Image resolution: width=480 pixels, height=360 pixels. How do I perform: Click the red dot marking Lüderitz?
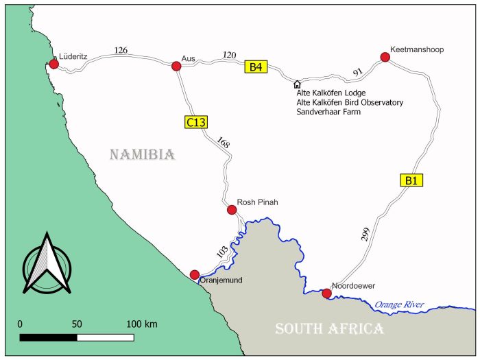click(x=53, y=64)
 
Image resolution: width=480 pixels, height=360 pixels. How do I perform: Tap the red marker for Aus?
click(x=176, y=66)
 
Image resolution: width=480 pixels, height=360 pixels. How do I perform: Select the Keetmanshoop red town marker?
click(x=385, y=58)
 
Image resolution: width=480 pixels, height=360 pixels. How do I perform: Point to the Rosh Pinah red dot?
click(x=230, y=210)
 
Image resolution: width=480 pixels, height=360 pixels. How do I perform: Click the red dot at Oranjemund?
click(x=195, y=274)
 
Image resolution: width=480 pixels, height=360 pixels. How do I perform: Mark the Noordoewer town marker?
click(x=326, y=293)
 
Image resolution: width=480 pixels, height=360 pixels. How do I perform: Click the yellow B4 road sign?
click(x=256, y=67)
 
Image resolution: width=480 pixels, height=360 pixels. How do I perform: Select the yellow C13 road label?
click(x=196, y=121)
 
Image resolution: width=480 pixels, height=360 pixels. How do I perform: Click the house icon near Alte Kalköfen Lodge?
click(x=297, y=84)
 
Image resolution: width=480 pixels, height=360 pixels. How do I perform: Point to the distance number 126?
click(x=121, y=49)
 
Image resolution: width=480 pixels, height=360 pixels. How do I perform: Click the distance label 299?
click(x=364, y=233)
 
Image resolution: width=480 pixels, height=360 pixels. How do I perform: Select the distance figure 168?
click(x=223, y=143)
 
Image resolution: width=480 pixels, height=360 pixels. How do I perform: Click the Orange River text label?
click(x=399, y=304)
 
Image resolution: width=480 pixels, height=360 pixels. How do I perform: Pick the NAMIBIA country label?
click(x=143, y=155)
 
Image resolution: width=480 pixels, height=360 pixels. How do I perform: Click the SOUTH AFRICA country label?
click(x=329, y=329)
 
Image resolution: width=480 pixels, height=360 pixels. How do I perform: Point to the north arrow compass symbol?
click(x=46, y=263)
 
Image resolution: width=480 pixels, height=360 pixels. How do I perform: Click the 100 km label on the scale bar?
click(x=142, y=323)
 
